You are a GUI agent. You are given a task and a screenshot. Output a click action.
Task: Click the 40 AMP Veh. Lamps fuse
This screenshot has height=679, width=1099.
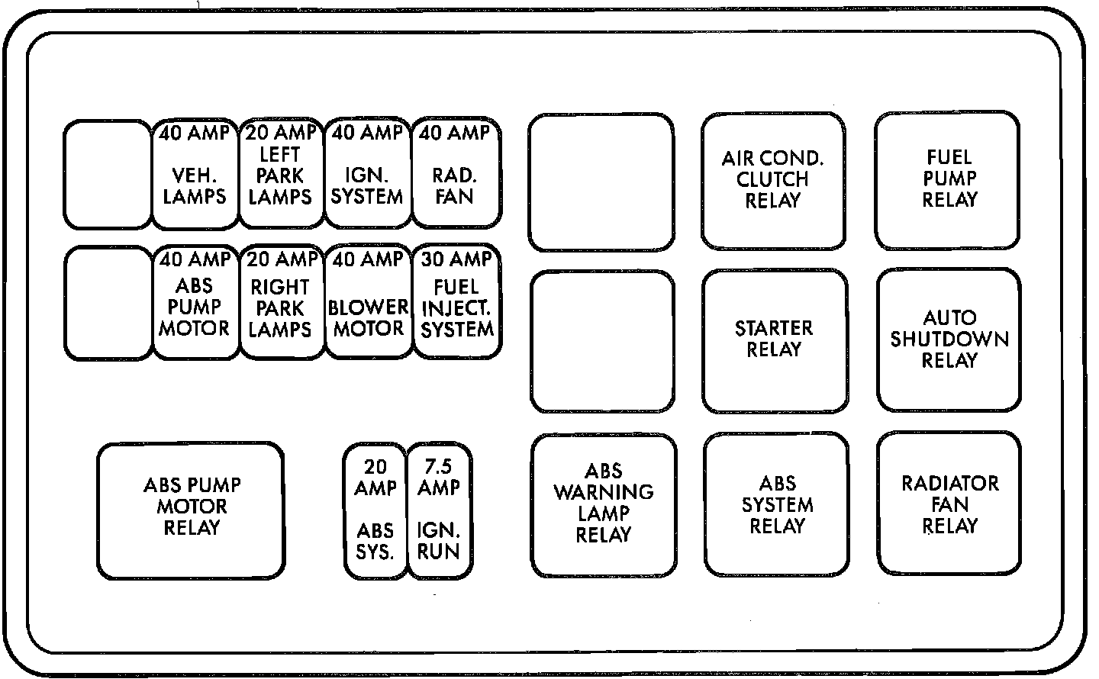pos(195,174)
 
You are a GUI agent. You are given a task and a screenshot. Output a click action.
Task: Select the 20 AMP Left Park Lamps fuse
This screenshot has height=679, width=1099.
pos(281,174)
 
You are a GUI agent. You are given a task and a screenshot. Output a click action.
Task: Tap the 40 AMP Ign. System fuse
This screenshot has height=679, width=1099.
pos(368,174)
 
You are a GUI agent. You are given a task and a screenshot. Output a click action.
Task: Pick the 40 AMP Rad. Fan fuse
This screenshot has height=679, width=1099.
pos(456,174)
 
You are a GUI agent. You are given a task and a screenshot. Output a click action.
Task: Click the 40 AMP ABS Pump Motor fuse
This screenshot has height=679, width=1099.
pos(195,302)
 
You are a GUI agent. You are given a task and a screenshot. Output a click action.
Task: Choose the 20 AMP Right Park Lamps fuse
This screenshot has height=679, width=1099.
pos(281,302)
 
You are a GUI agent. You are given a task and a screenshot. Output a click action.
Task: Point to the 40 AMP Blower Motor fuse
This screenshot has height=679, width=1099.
pos(368,302)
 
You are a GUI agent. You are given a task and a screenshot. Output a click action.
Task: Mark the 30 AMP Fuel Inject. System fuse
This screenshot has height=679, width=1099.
pos(456,302)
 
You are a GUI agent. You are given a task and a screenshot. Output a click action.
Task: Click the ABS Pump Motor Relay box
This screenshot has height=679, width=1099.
pos(191,510)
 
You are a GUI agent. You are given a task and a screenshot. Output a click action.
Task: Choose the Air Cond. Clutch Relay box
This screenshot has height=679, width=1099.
pos(773,181)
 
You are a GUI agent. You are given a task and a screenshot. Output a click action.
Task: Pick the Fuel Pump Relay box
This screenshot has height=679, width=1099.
pos(948,180)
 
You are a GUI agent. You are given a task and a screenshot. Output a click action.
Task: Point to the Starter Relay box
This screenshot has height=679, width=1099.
pos(774,340)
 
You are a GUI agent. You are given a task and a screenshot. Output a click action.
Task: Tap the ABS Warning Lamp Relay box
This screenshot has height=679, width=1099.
pos(603,505)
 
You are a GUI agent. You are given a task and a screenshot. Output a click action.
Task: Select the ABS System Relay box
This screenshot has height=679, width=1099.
pos(776,504)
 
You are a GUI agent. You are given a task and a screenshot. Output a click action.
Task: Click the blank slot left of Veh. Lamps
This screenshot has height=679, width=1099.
pos(107,174)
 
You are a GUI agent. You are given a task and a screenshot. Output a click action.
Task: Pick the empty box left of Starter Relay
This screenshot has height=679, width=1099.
pos(602,341)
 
